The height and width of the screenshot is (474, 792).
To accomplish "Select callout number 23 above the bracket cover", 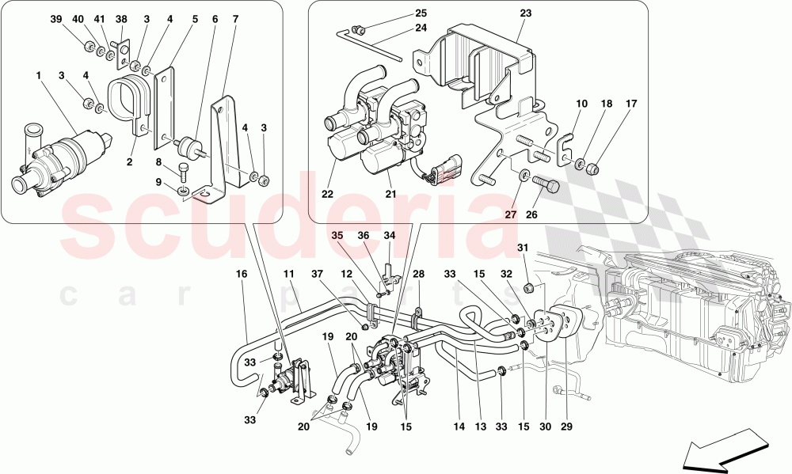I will click(x=526, y=13).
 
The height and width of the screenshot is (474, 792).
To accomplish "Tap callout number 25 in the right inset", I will click(x=421, y=13).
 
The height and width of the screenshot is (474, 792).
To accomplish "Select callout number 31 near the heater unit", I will click(x=523, y=249).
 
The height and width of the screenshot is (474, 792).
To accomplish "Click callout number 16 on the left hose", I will click(x=242, y=274).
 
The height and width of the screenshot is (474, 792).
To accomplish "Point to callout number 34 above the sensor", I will click(x=389, y=235).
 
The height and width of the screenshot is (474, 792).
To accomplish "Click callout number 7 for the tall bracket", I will click(x=235, y=18).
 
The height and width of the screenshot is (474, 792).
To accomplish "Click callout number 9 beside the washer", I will click(x=159, y=182).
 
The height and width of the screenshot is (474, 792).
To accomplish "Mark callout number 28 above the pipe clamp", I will click(x=418, y=274).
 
